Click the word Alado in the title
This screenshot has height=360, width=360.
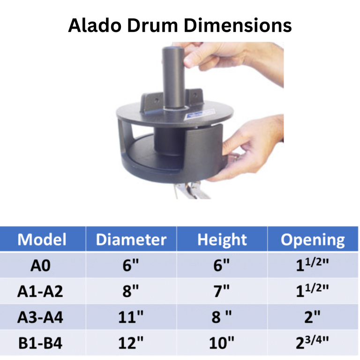tap(95, 25)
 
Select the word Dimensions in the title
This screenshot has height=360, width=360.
tap(238, 25)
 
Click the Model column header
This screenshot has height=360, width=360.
tap(42, 240)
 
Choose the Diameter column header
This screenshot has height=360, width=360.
tap(131, 240)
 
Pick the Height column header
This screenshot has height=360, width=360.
tap(222, 240)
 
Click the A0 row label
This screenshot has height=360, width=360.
tap(40, 266)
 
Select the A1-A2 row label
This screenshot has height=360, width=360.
tap(40, 292)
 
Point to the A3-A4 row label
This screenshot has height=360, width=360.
tap(40, 317)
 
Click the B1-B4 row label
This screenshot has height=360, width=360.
tap(40, 344)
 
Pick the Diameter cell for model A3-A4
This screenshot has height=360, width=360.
tap(131, 317)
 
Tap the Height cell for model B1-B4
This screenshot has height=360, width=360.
tap(222, 343)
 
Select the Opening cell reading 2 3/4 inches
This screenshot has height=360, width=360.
tap(312, 342)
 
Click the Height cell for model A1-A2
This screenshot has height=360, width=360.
tap(222, 291)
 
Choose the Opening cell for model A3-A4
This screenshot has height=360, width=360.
tap(312, 317)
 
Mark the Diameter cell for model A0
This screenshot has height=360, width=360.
tap(131, 265)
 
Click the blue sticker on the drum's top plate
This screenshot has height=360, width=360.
tap(199, 114)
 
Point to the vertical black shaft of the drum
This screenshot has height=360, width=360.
tap(173, 77)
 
